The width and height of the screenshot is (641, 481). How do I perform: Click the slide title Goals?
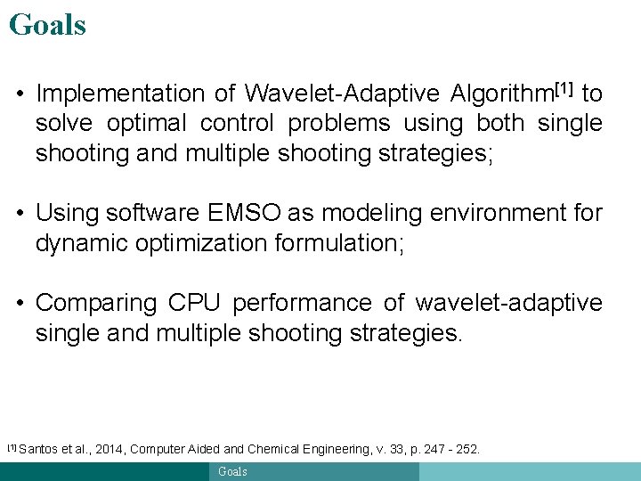47,24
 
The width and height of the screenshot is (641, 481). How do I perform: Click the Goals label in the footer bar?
233,471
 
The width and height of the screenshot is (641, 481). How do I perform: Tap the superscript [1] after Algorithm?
563,88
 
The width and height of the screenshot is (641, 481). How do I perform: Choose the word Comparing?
95,303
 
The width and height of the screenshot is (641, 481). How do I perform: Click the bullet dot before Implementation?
20,94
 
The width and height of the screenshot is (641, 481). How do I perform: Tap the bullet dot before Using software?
20,213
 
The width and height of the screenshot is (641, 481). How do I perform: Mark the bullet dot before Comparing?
20,303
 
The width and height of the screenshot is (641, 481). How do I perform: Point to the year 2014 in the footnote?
107,450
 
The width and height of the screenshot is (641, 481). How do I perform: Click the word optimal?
146,123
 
